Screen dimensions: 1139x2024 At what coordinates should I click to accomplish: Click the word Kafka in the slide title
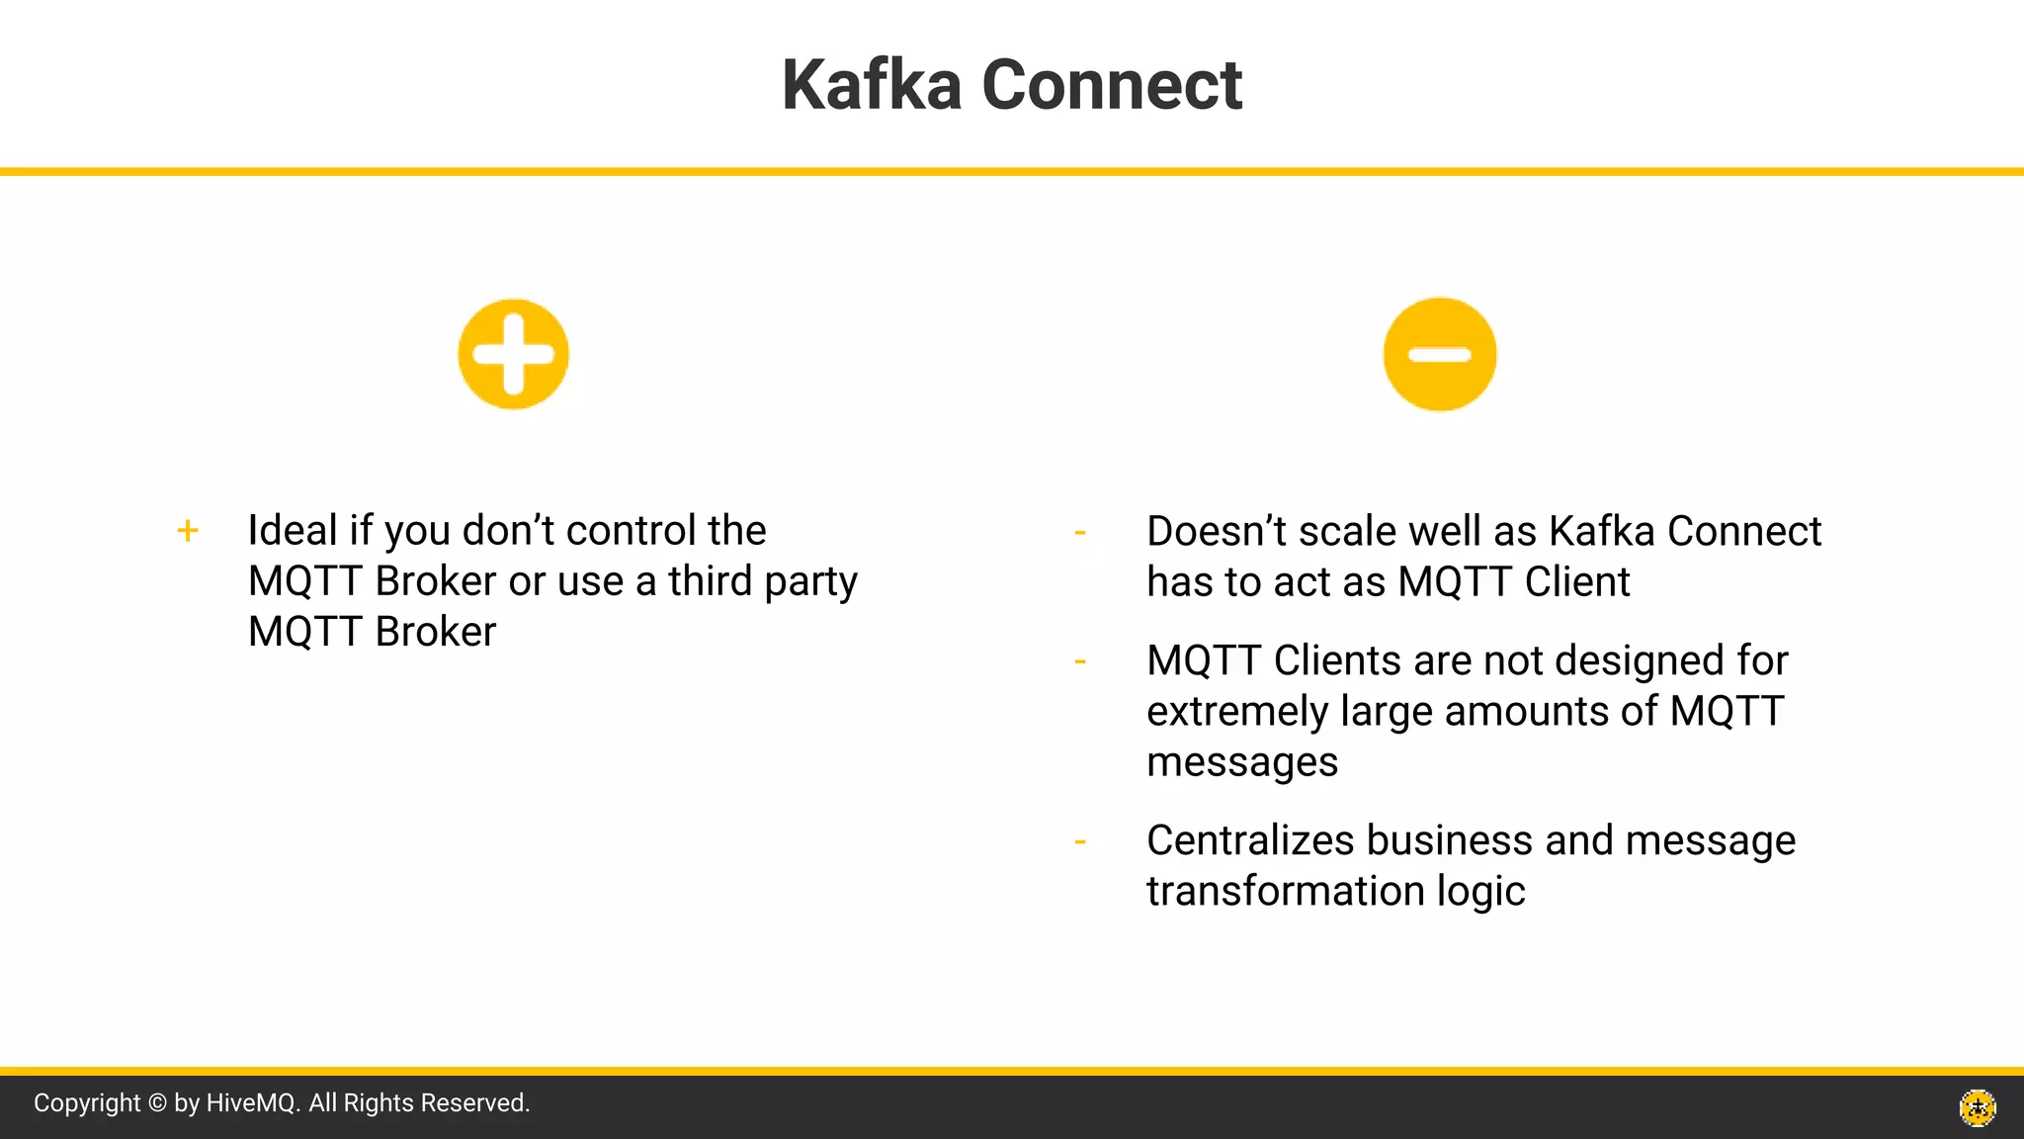[x=871, y=85]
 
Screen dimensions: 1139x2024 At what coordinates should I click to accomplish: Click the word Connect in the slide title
[x=1112, y=85]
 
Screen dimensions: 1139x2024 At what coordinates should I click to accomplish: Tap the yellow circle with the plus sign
[x=513, y=354]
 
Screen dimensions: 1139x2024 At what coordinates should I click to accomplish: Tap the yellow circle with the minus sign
[x=1440, y=354]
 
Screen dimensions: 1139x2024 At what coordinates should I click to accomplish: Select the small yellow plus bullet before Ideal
[x=188, y=531]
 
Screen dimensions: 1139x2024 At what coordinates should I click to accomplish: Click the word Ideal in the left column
[x=293, y=531]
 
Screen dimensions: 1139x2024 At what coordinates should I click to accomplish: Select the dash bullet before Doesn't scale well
[x=1080, y=533]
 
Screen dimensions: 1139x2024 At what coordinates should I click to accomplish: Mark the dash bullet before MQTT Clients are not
[x=1080, y=661]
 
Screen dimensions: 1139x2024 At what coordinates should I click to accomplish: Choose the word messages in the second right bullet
[x=1242, y=762]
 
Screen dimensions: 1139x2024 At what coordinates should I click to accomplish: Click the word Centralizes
[x=1250, y=840]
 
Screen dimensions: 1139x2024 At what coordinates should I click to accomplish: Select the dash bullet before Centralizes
[x=1080, y=841]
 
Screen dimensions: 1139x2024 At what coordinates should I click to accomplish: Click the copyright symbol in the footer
[x=157, y=1103]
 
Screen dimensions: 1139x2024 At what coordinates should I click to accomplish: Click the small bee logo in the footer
[x=1978, y=1107]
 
